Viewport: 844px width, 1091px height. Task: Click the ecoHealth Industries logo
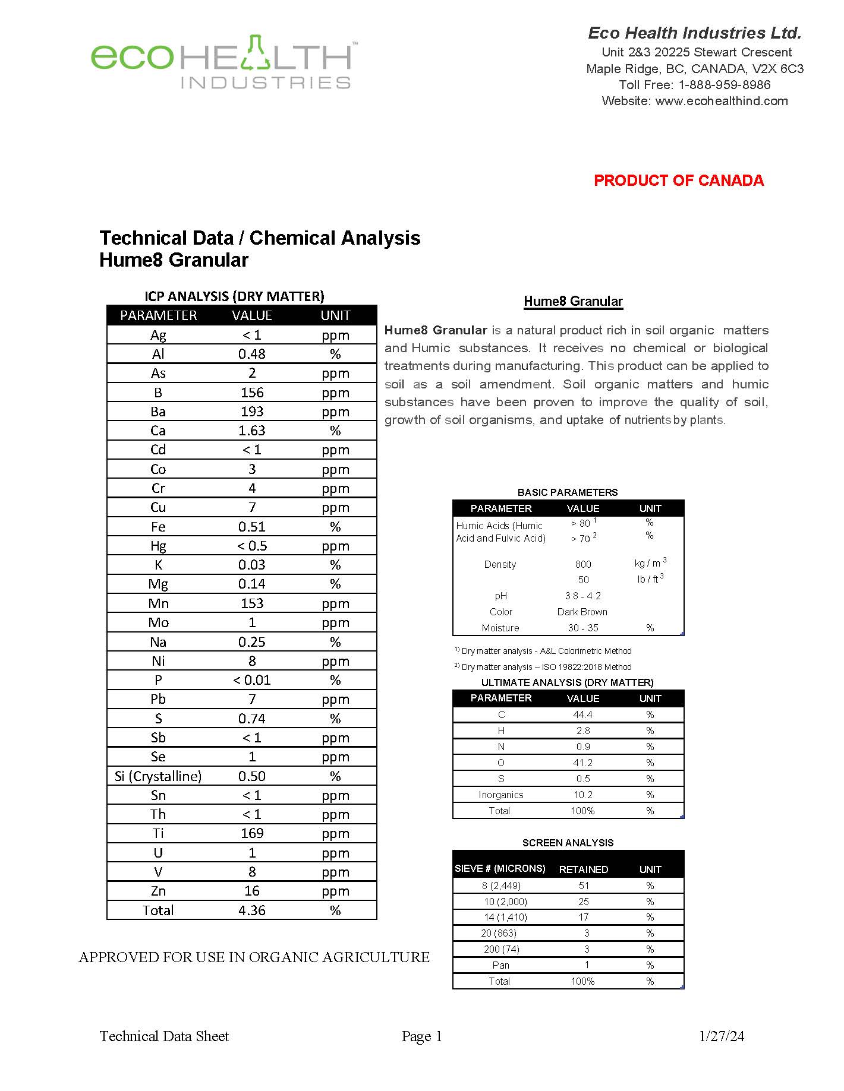point(223,62)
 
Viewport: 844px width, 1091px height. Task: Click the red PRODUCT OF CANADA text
point(679,181)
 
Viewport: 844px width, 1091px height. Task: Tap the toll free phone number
point(725,85)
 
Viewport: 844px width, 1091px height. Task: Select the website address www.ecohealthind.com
point(722,101)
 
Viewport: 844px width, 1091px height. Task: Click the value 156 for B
point(252,393)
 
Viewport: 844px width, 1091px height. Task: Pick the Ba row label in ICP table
point(158,412)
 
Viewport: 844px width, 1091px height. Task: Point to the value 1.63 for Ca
point(252,431)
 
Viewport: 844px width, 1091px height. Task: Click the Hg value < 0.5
point(252,546)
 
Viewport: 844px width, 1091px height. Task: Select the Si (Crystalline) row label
point(158,776)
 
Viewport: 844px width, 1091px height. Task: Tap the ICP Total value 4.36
point(252,910)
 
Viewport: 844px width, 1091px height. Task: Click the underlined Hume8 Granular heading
point(573,301)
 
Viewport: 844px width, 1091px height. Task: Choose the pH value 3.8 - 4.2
point(582,596)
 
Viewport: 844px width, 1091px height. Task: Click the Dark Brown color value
point(582,612)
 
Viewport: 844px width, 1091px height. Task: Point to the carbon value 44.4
point(582,714)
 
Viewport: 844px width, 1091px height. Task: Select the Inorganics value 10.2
point(582,795)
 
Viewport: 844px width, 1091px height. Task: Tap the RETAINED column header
point(583,869)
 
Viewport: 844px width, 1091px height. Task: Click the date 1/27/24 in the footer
point(722,1036)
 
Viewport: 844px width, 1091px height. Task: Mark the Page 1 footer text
point(422,1036)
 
